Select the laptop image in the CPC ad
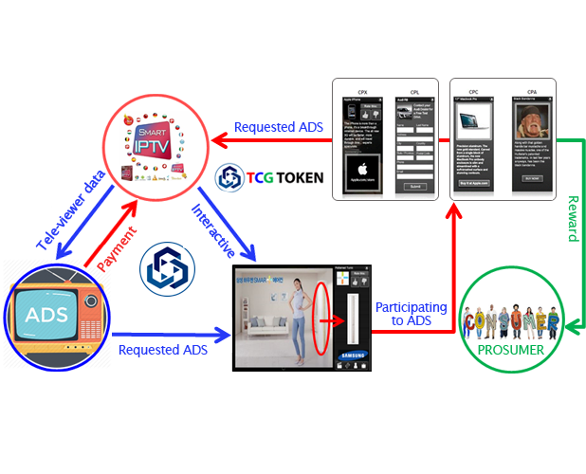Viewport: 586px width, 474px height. point(473,118)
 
